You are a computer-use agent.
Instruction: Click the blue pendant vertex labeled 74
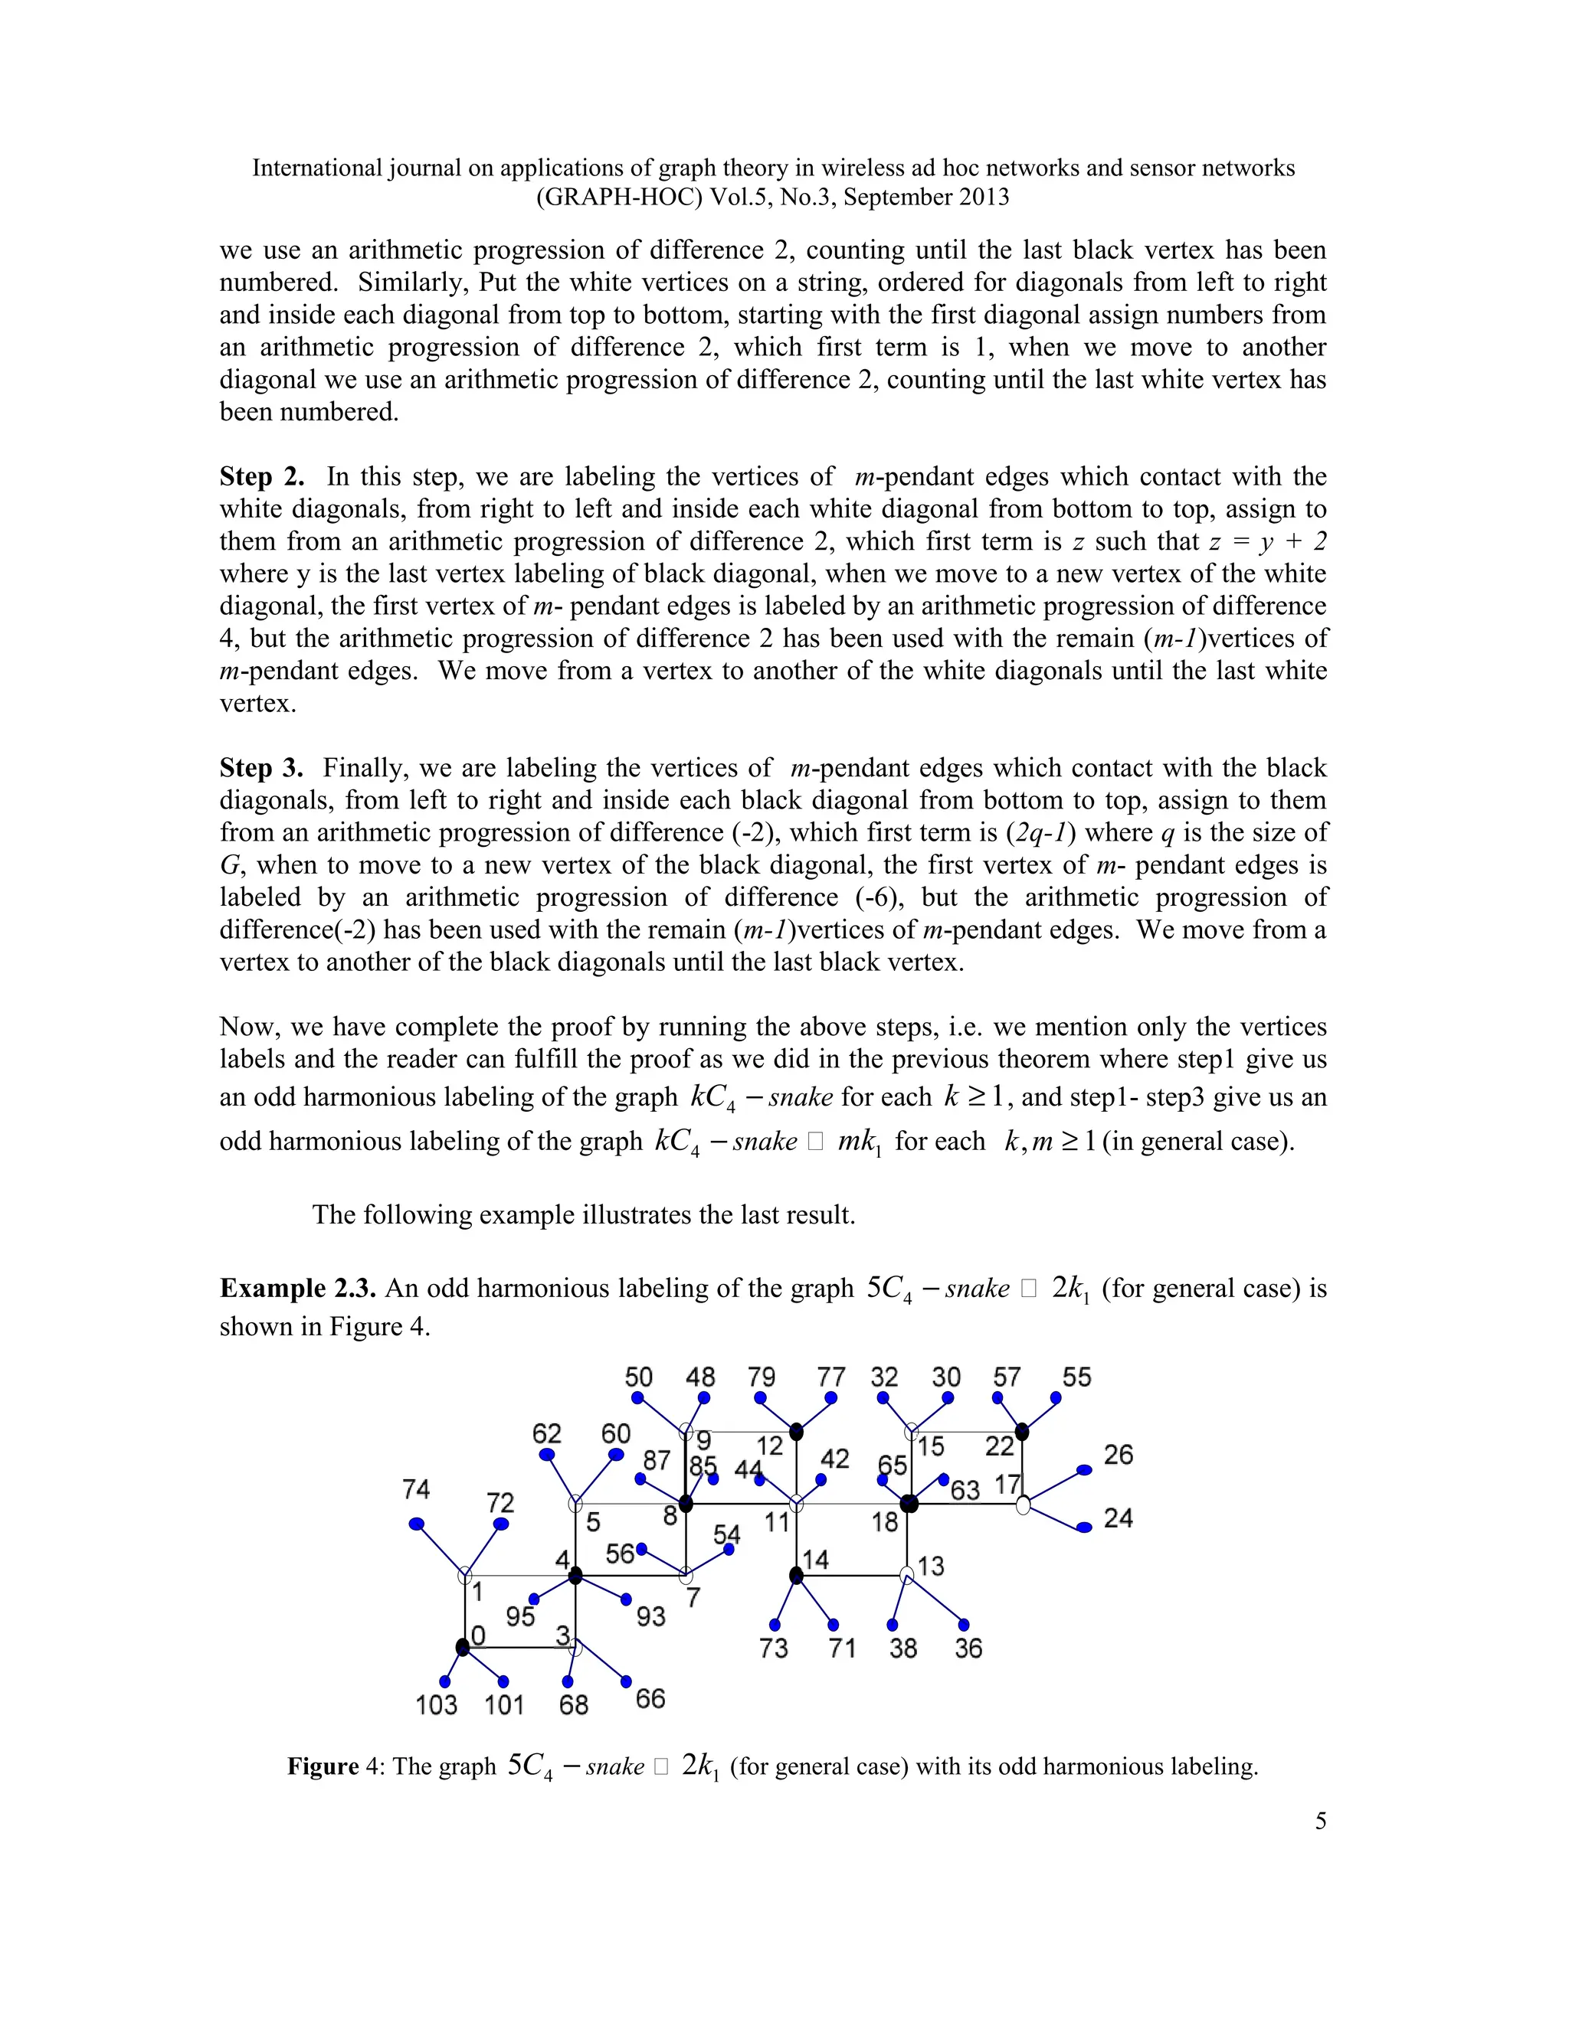point(417,1524)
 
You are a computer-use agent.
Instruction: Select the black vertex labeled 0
point(463,1647)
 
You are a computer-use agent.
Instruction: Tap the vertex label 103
point(436,1705)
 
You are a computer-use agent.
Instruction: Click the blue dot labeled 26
point(1084,1470)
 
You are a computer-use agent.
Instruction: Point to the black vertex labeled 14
point(796,1575)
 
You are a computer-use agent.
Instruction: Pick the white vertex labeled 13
point(907,1575)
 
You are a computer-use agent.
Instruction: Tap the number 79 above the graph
point(762,1377)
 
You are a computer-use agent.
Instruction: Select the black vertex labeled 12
point(796,1432)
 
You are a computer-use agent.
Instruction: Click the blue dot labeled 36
point(964,1625)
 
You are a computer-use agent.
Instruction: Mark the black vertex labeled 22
point(1021,1432)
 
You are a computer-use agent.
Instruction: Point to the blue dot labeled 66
point(627,1681)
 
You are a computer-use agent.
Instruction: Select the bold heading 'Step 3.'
point(261,768)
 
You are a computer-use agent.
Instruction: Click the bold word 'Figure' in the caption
point(323,1766)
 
